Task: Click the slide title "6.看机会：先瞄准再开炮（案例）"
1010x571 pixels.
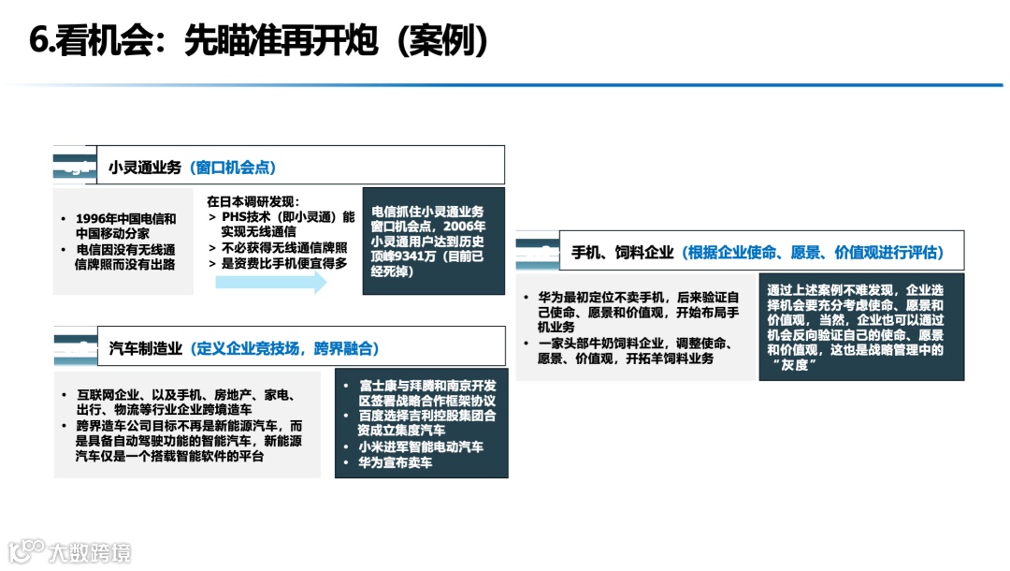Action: tap(261, 40)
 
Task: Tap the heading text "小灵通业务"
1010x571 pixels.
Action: tap(144, 168)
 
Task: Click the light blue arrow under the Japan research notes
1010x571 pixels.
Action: tap(271, 281)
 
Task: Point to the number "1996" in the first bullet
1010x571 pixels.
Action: tap(94, 219)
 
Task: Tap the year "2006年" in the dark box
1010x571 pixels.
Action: tap(465, 227)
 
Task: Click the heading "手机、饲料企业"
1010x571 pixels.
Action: tap(623, 252)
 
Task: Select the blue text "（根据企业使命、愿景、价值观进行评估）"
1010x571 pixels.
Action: tap(813, 252)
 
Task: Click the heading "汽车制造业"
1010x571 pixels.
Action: tap(146, 348)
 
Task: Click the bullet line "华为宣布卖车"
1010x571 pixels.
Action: tap(396, 462)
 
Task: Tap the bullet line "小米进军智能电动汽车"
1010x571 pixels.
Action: tap(421, 447)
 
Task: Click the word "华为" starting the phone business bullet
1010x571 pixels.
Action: tap(552, 297)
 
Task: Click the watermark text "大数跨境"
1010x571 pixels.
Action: tap(90, 551)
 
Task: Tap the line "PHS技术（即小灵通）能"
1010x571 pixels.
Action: tap(288, 217)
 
